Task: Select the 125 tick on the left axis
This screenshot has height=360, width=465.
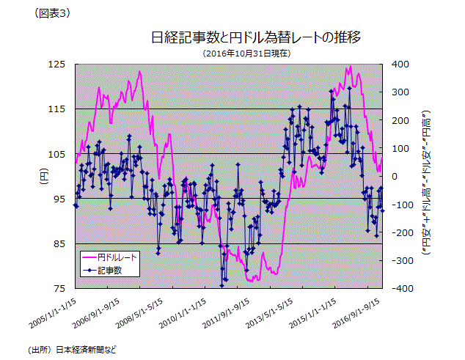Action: coord(58,65)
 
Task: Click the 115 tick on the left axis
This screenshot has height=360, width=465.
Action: coord(58,109)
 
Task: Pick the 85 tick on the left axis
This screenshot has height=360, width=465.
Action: coord(58,243)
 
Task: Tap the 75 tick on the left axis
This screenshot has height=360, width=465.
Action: coord(58,288)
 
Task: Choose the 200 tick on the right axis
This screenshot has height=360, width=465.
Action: coord(400,120)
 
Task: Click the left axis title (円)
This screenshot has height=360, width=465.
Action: coord(43,176)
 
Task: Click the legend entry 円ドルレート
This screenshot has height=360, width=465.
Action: coord(118,258)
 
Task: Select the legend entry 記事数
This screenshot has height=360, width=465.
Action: coord(109,270)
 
